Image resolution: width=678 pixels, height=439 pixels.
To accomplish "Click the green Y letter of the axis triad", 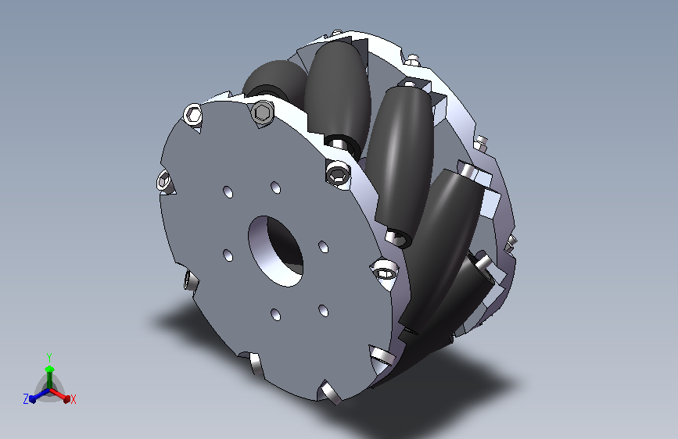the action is pos(49,358).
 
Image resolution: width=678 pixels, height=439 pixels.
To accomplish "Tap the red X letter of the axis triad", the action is pos(73,399).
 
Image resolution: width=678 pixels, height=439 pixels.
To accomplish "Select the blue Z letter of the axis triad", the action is pos(26,399).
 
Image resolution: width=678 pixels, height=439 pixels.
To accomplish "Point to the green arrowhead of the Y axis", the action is pos(50,369).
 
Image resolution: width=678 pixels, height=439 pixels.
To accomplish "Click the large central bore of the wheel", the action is pos(275,251).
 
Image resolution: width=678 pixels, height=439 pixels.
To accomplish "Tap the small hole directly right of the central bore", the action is pos(324,247).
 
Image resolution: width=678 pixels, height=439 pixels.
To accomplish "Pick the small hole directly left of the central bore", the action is pos(228,255).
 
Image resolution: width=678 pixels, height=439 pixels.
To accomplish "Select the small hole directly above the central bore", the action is pos(275,188).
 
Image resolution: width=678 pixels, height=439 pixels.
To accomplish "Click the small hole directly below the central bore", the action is pos(276,315).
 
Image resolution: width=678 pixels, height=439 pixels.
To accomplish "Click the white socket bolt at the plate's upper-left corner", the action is pos(193,115).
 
